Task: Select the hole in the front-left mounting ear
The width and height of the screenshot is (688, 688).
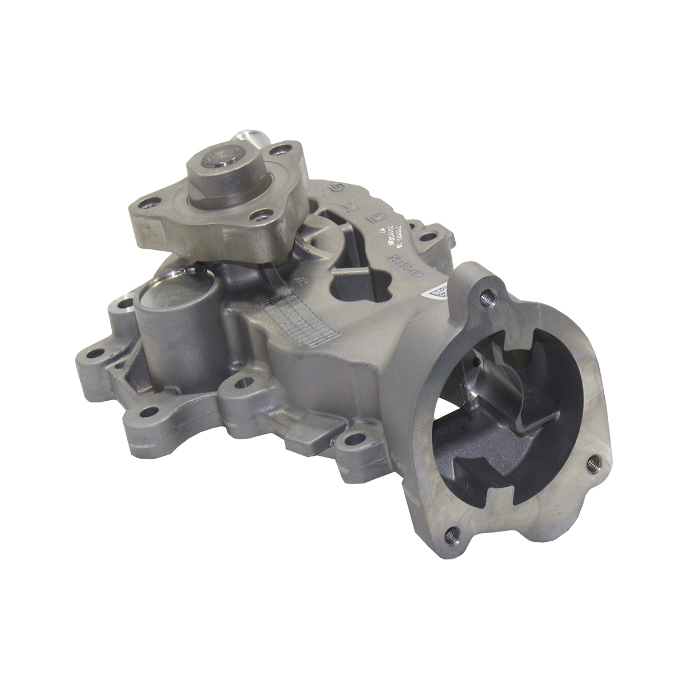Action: pyautogui.click(x=148, y=411)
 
